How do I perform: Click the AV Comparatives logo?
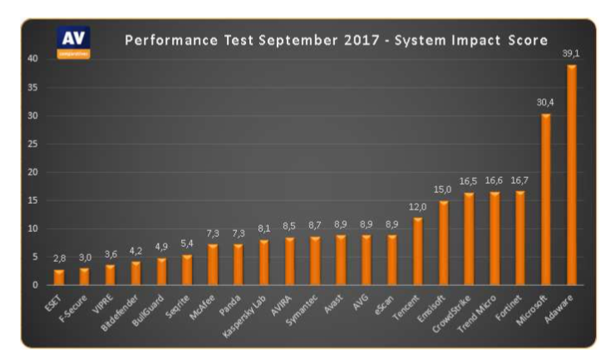point(73,42)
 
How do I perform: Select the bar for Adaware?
point(572,175)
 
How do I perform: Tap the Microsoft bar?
point(546,200)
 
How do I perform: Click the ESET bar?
point(58,277)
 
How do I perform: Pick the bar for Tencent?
point(417,251)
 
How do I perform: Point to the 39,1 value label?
point(571,54)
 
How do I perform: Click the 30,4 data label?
point(545,103)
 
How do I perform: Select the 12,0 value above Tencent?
point(417,207)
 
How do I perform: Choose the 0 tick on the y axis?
point(33,285)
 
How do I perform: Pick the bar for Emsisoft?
point(443,243)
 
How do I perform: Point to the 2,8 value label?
point(58,259)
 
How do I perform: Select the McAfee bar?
point(213,264)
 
